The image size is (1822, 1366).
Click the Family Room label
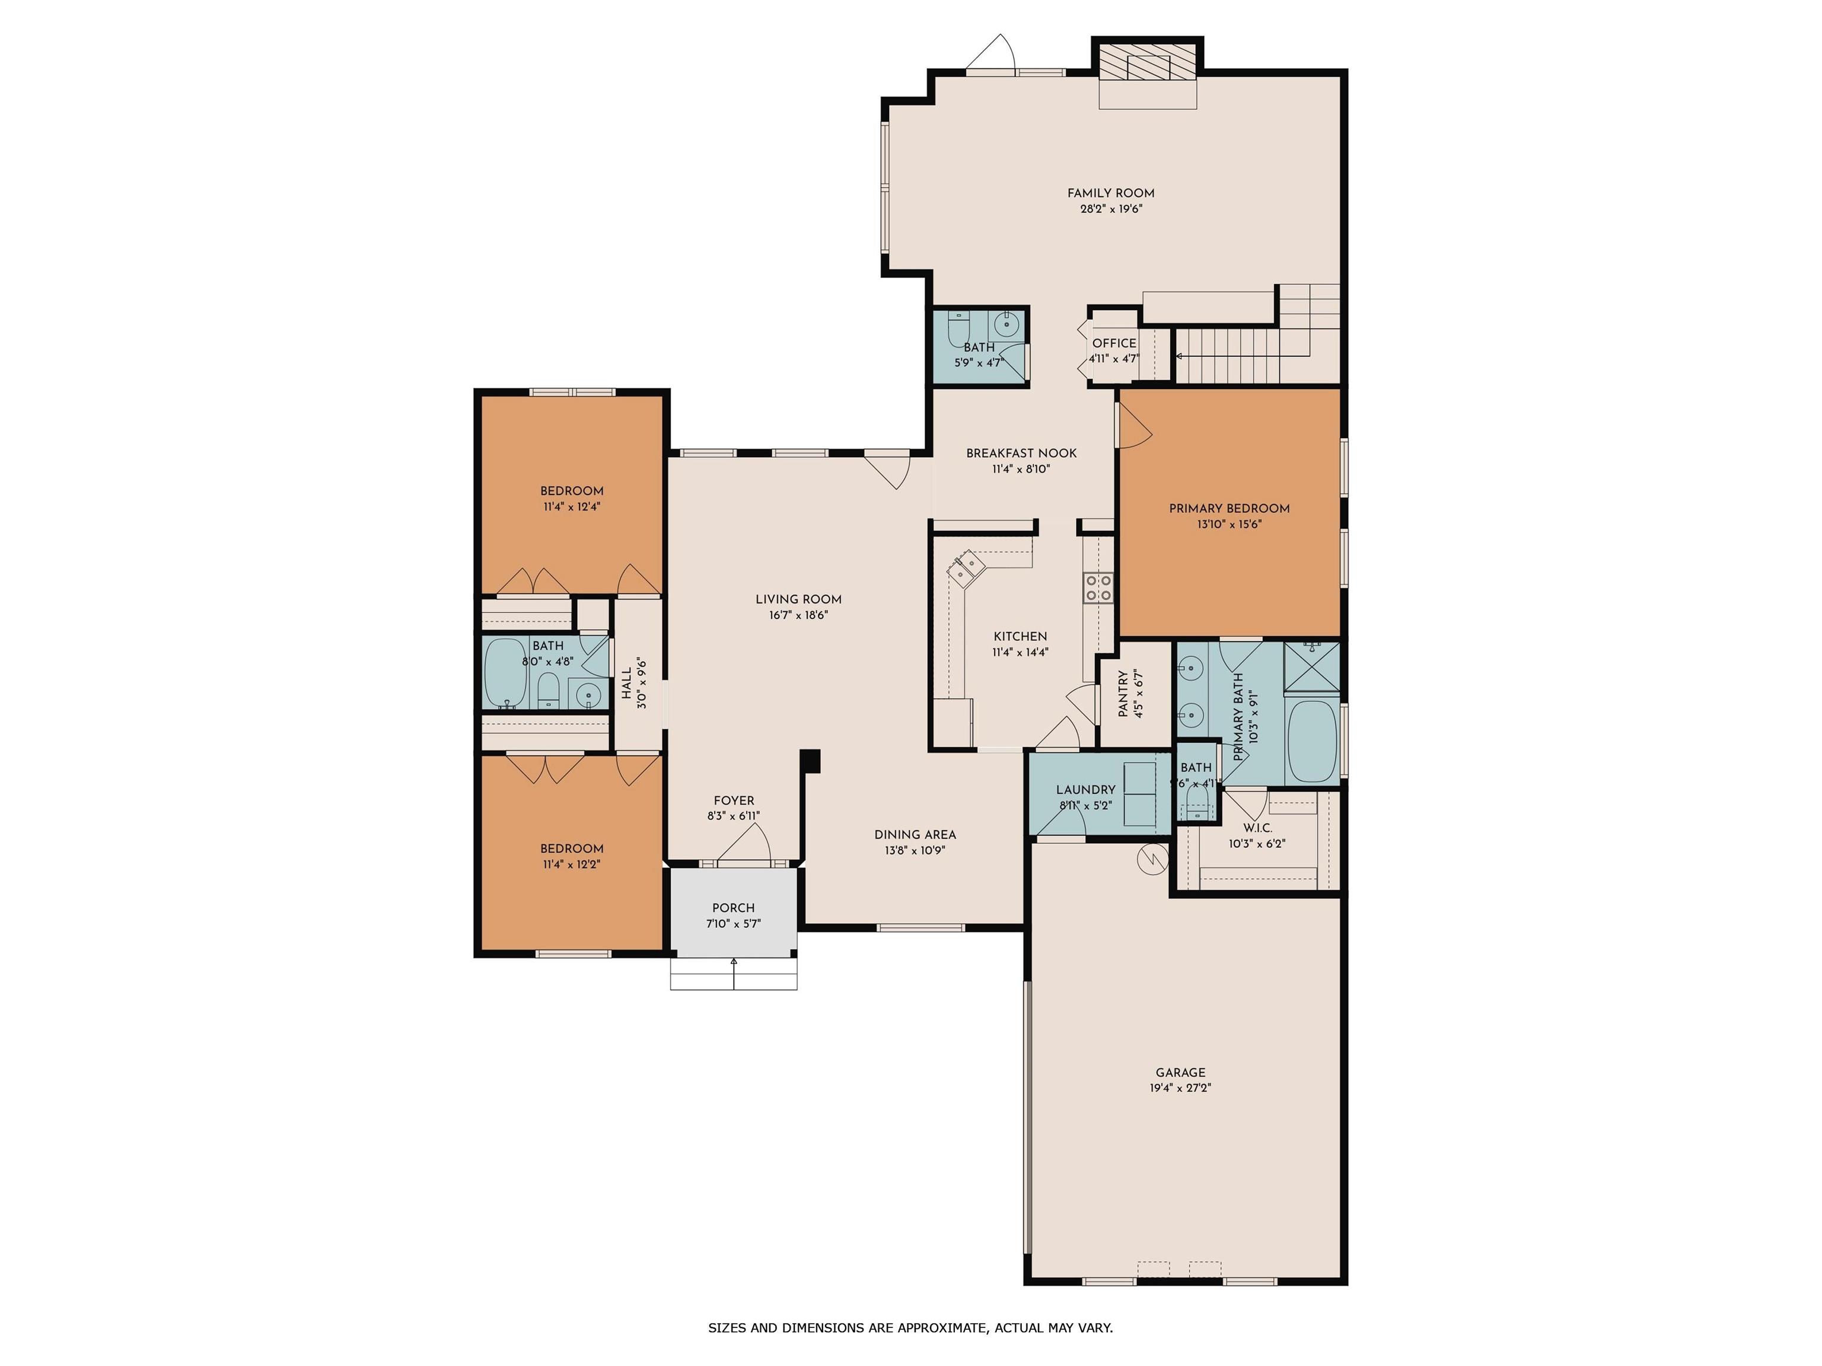1110,193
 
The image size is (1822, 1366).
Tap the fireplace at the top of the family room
1148,62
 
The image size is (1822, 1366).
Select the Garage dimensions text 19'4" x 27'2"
1180,1088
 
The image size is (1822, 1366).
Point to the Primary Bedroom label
1229,509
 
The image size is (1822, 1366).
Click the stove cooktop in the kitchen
1098,587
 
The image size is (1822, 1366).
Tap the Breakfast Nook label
1021,454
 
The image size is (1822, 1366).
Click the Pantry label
1123,694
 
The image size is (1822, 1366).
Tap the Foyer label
734,800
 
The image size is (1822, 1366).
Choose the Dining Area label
915,835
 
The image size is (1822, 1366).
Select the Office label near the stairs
1114,343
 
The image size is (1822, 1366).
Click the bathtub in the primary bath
1312,741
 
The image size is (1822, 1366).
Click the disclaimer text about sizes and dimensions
910,1327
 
